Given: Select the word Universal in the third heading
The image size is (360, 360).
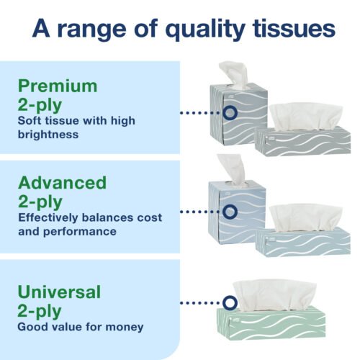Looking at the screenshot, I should coord(60,292).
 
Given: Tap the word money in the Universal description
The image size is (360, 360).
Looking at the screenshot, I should coord(122,327).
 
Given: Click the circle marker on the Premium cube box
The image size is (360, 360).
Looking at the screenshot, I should coord(230,113).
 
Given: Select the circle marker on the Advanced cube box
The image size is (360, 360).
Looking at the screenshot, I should coord(230,212).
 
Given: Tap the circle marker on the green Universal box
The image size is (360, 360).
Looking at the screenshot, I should coord(229,303).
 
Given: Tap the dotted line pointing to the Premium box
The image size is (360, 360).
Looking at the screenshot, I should coord(199,113).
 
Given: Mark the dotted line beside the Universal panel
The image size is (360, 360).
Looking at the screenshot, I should coord(199,303).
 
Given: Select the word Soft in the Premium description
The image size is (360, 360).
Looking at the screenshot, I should coord(31,120).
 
